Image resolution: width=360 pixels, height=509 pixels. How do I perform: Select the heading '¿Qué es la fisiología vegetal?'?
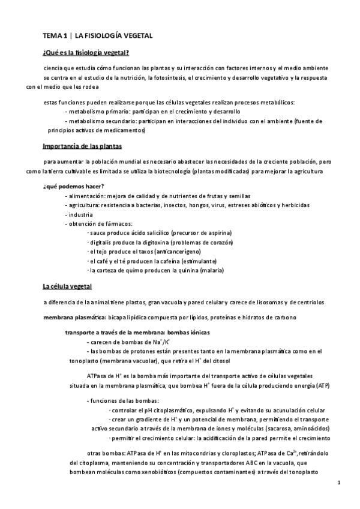(86, 52)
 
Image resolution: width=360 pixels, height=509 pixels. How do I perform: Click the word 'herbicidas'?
(295, 205)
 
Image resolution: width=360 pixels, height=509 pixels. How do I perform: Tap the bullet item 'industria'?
(81, 214)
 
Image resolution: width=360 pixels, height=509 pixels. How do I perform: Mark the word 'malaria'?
(212, 270)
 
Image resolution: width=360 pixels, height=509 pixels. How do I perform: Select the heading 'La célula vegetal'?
(67, 287)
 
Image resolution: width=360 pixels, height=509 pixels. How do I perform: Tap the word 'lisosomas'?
(265, 302)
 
